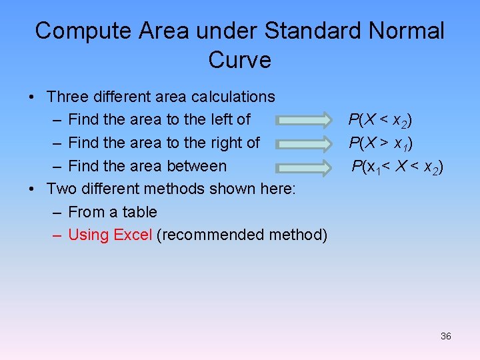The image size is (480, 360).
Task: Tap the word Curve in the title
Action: coord(239,60)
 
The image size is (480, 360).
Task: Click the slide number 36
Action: coord(446,336)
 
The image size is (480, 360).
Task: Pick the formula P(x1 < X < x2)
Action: coord(397,167)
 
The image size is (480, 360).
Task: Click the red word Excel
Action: coord(133,235)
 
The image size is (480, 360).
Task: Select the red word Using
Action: coord(89,235)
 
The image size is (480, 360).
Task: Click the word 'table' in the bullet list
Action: coord(139,212)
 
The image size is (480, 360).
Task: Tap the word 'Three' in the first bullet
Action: coord(69,97)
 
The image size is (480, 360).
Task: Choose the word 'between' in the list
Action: coord(199,166)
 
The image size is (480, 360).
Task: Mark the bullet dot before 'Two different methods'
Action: coord(32,189)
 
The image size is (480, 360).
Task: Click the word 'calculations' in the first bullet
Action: coord(233,97)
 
